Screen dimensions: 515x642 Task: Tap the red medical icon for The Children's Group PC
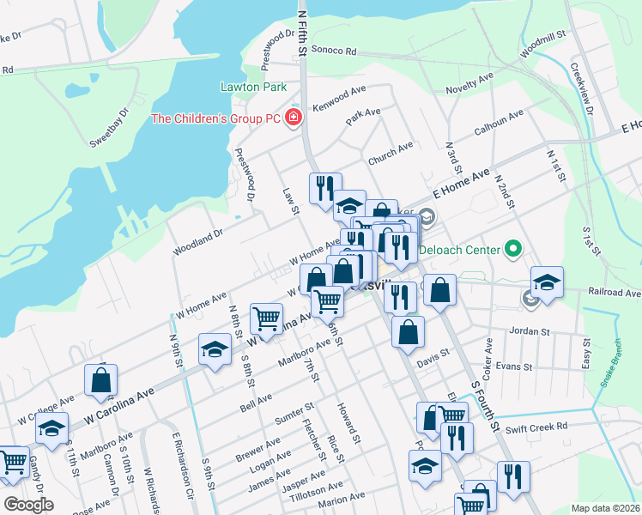(294, 118)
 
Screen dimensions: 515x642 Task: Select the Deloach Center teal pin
(514, 250)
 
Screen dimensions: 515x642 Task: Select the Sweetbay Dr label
(110, 126)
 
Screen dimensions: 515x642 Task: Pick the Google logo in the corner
(28, 504)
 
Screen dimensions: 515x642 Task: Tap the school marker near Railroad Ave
(547, 282)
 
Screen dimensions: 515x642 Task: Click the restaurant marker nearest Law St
(325, 187)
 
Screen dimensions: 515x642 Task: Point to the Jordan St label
(529, 330)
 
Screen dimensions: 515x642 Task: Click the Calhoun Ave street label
(500, 125)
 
